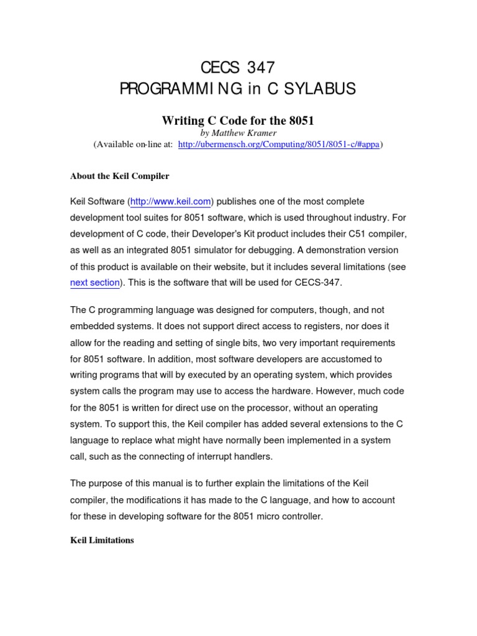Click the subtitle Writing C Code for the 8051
[x=238, y=120]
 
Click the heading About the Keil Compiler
[x=119, y=176]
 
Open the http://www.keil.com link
[x=170, y=202]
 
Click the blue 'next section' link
[x=94, y=283]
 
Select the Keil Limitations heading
[x=102, y=540]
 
